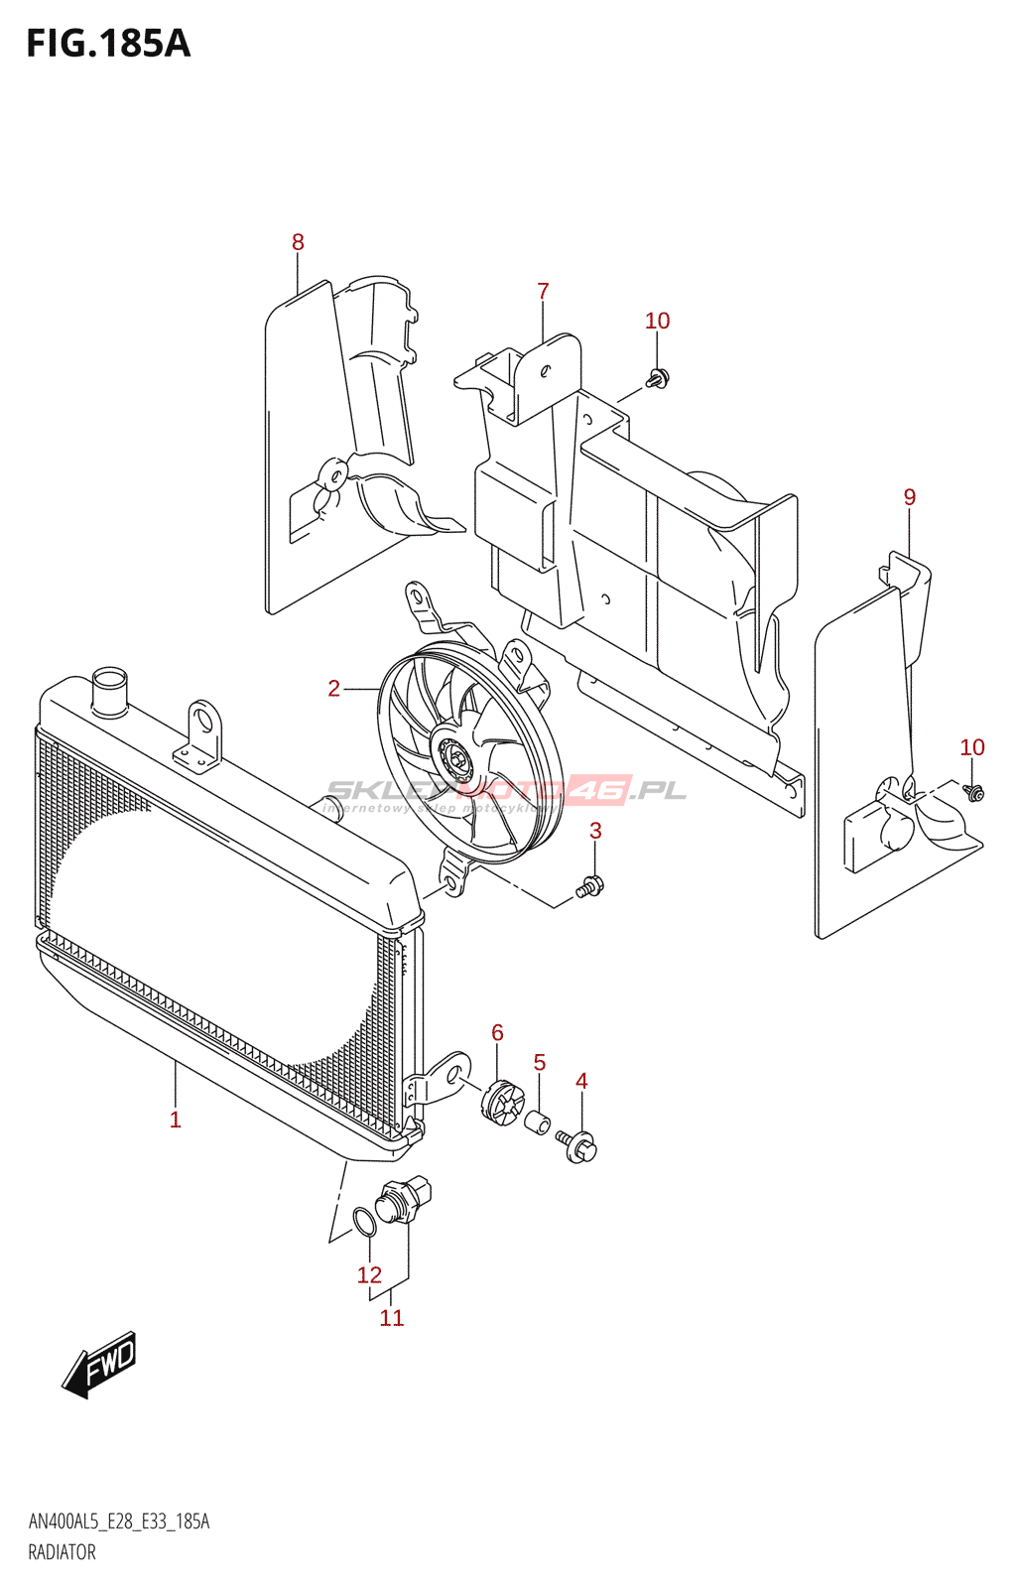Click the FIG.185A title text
[108, 44]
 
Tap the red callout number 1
[176, 1120]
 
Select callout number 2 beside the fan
[334, 688]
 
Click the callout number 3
[595, 831]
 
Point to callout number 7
[543, 291]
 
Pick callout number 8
[298, 242]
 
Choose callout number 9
[910, 497]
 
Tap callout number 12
[369, 1274]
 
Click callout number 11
[392, 1317]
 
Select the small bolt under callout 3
[589, 886]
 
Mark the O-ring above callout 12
[365, 1222]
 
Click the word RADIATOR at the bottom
[62, 1552]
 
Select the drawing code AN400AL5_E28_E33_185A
[119, 1522]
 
